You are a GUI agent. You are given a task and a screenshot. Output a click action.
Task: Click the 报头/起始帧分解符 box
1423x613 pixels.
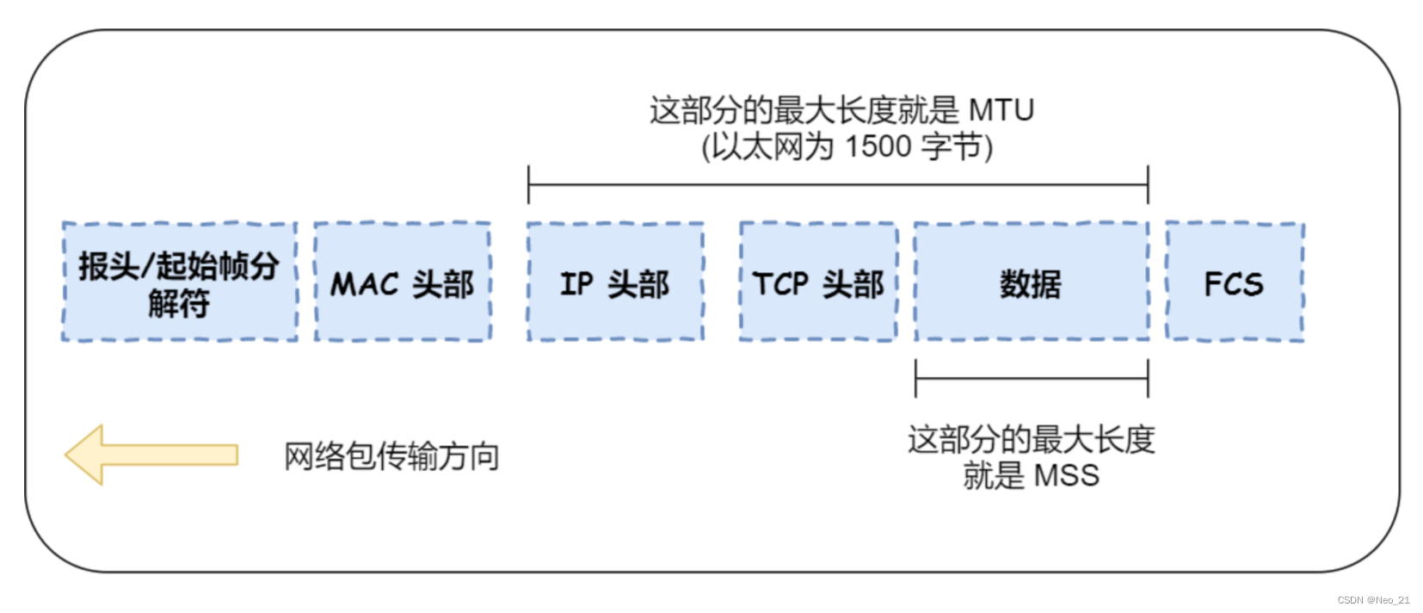coord(179,282)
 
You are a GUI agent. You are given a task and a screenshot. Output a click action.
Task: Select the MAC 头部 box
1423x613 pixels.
coord(403,282)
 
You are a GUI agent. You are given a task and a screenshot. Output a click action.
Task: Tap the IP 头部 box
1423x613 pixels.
coord(615,282)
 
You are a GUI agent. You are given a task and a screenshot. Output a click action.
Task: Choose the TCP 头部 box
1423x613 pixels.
coord(818,282)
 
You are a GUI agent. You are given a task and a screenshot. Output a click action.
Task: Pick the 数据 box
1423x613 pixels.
coord(1031,282)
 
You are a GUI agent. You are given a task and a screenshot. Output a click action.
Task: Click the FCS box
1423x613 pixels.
coord(1234,282)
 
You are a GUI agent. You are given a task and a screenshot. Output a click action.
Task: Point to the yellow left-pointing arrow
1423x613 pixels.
coord(151,455)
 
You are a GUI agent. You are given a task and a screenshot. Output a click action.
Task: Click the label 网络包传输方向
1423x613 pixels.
coord(391,456)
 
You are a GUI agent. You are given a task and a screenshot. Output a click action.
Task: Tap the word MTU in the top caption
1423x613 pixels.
coord(1001,110)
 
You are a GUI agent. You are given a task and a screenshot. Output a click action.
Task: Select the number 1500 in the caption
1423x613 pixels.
coord(878,147)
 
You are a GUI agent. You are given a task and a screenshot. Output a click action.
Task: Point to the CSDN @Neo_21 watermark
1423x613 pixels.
coord(1373,600)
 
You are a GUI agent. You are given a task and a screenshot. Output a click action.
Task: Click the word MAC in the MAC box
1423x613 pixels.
coord(365,284)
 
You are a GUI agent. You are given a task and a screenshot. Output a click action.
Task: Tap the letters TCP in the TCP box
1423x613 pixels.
coord(780,284)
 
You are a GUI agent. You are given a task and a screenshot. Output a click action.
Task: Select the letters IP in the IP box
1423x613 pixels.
coord(576,284)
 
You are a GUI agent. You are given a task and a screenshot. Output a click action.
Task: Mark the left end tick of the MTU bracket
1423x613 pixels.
coord(528,185)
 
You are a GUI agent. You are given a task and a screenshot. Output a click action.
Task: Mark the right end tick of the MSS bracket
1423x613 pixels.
coord(1148,379)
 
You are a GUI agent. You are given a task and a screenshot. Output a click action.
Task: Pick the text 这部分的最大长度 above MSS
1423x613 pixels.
coord(1031,440)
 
